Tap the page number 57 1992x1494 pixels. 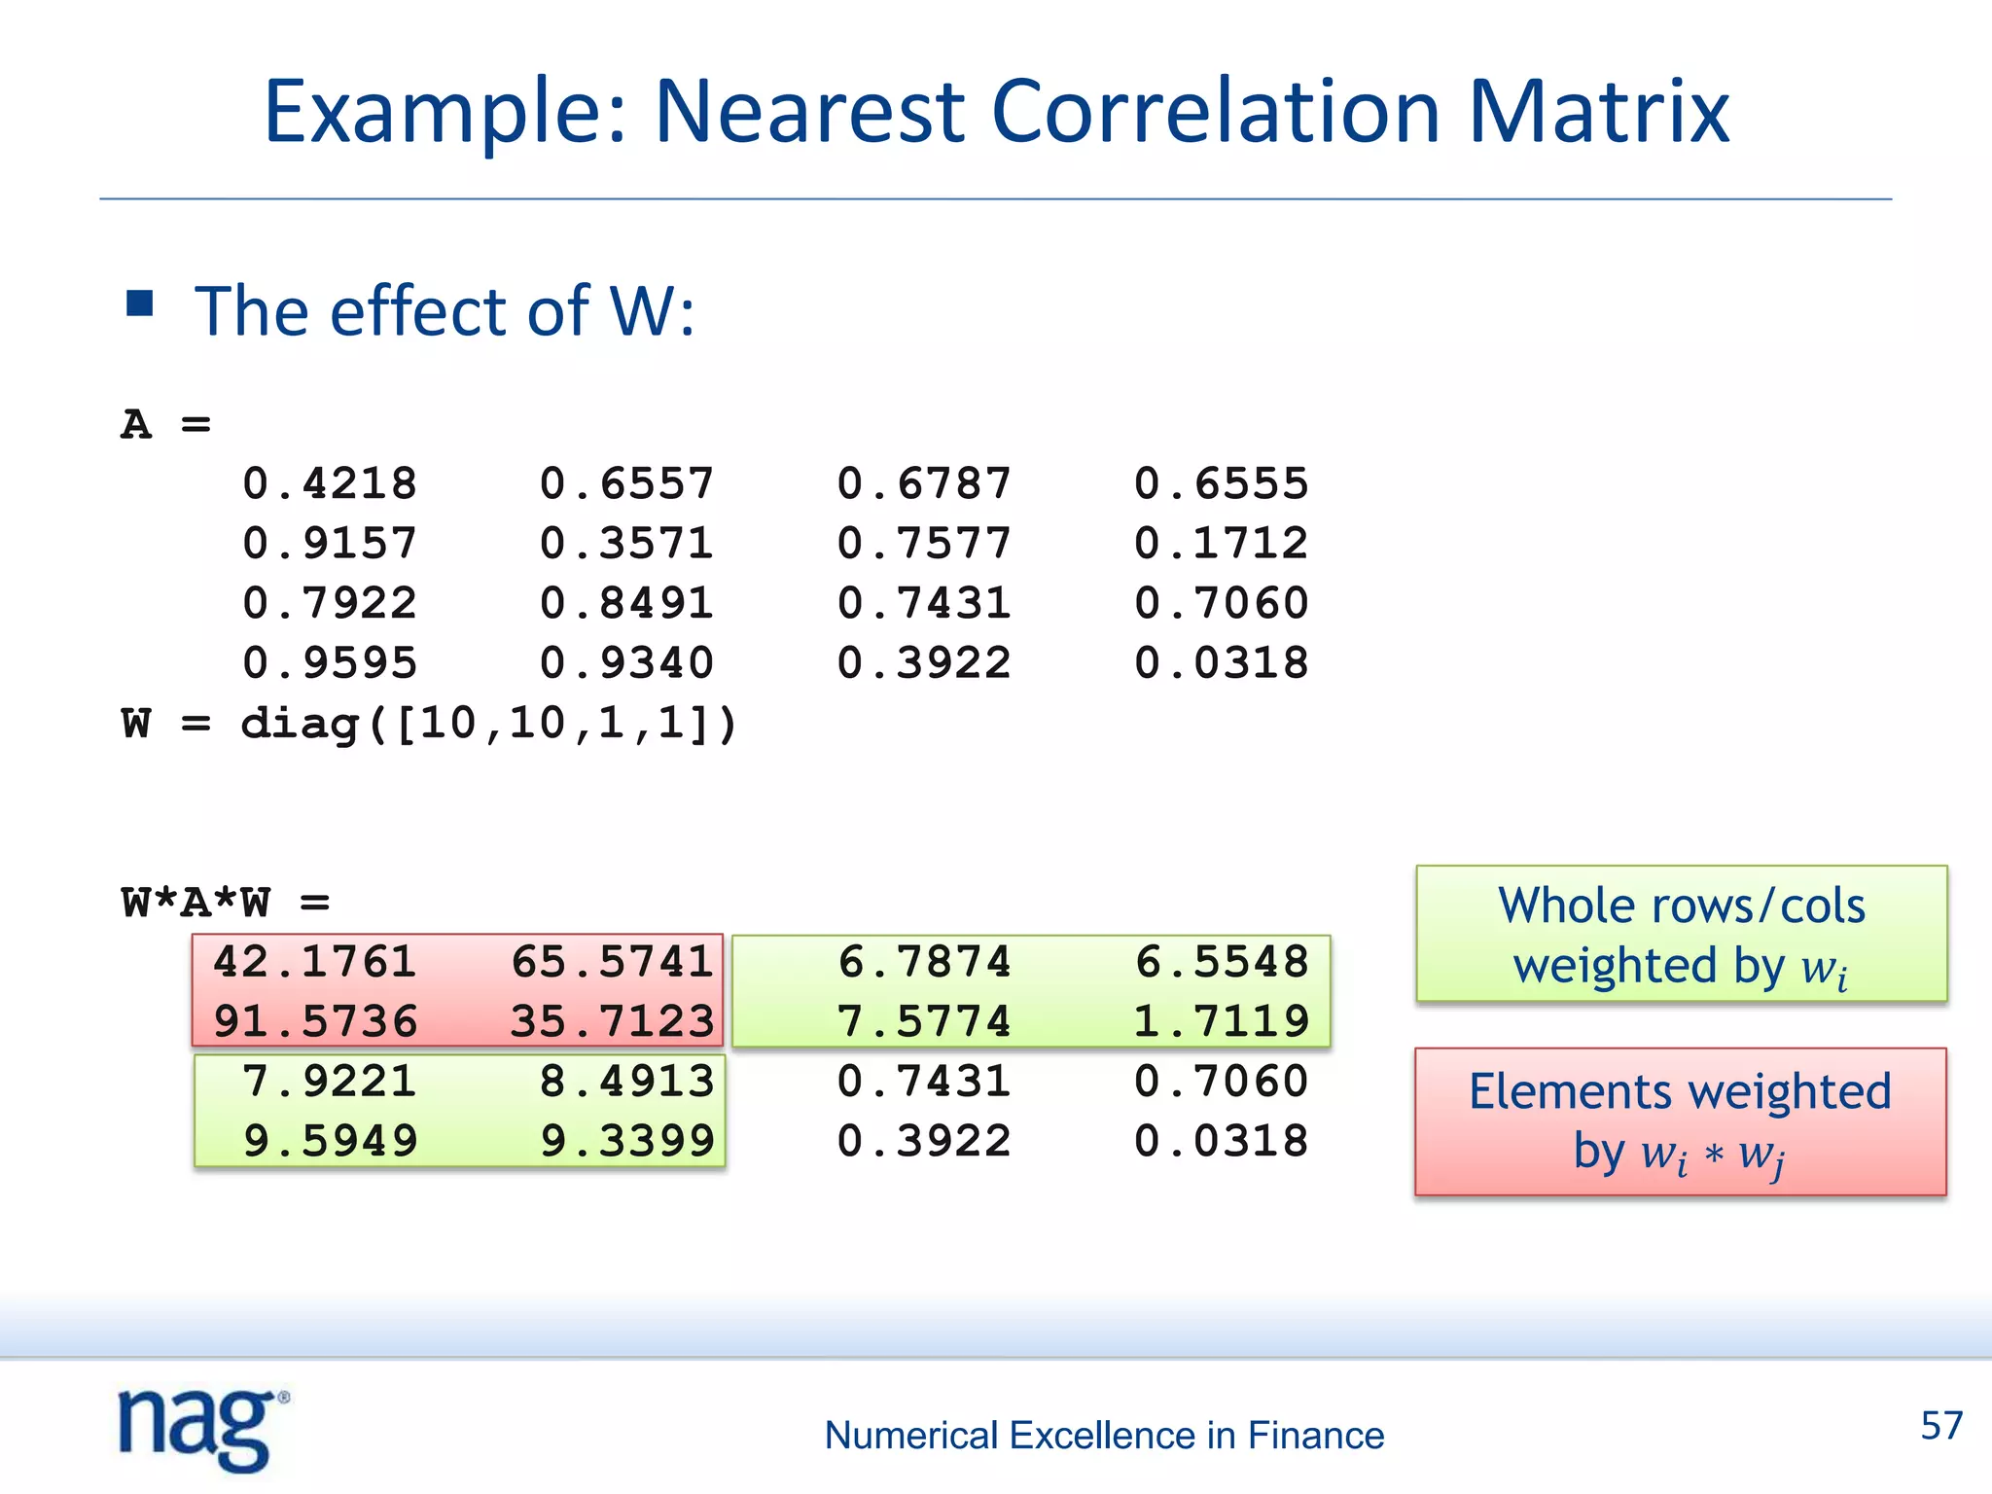[1940, 1426]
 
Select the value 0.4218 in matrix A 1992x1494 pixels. [330, 483]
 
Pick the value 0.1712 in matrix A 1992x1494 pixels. [1221, 543]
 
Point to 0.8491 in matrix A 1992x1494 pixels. [626, 603]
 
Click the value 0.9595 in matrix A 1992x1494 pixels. [330, 663]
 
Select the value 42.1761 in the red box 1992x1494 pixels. [315, 962]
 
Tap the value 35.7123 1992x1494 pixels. [613, 1021]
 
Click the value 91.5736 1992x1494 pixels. [315, 1021]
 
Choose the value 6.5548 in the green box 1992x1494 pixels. [1222, 962]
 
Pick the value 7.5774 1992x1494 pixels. [924, 1021]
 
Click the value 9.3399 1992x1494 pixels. [627, 1141]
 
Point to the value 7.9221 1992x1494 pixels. [330, 1082]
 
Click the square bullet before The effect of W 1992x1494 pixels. [140, 304]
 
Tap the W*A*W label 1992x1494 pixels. [196, 903]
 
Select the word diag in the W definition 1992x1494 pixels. [301, 724]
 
